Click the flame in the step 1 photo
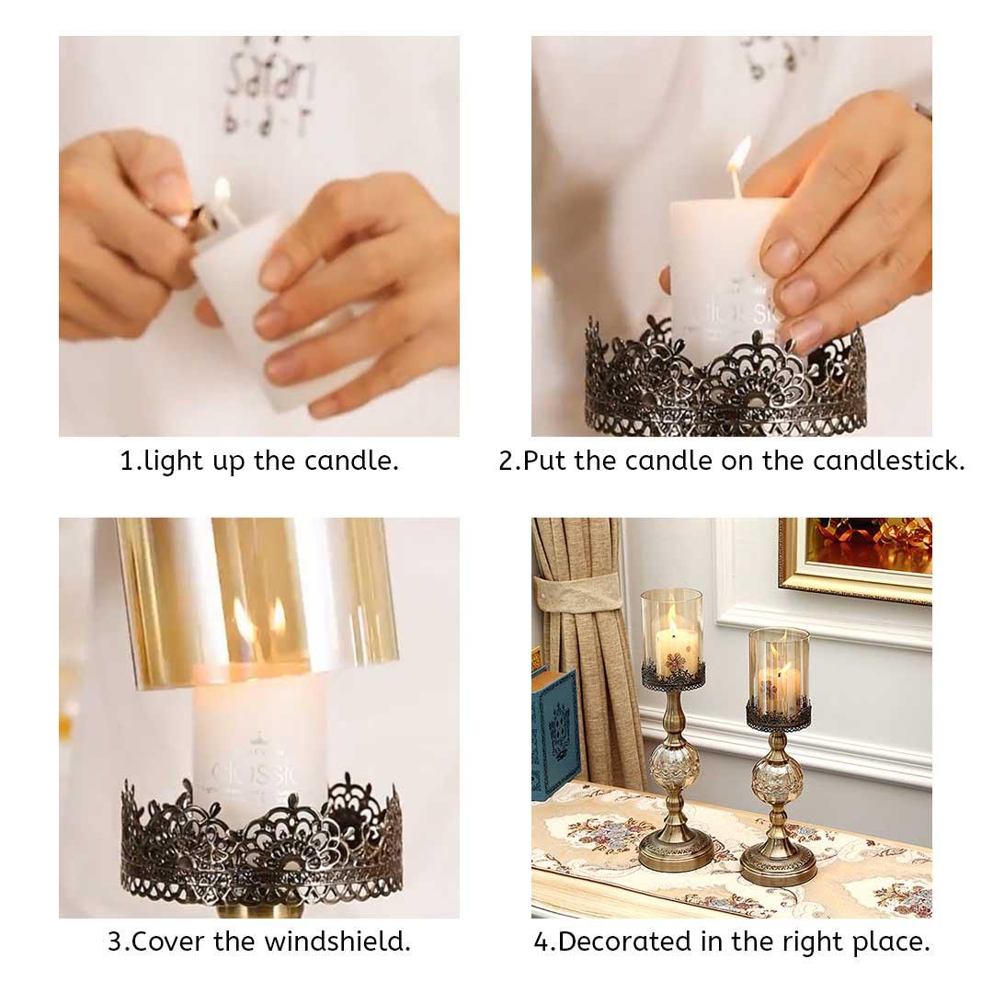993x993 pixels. tap(222, 190)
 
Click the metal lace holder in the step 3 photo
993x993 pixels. tap(261, 846)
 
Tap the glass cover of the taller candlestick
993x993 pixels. tap(671, 630)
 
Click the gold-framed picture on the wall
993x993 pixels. tap(856, 557)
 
